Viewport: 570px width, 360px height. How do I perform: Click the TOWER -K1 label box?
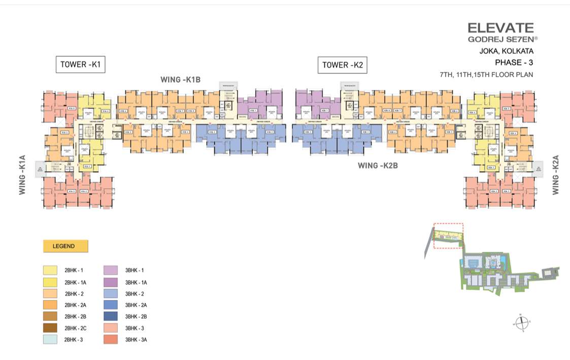[x=80, y=64]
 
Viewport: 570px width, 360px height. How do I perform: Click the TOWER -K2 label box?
[x=342, y=65]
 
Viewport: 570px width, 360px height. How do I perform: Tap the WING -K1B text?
[x=181, y=80]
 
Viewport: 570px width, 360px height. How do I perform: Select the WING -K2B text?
[x=378, y=165]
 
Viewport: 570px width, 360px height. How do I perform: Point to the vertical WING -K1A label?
[x=22, y=175]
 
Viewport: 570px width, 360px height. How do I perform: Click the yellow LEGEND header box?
[x=65, y=246]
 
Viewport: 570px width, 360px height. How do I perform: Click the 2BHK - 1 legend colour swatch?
[x=50, y=271]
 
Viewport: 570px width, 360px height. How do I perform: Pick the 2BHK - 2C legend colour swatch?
[x=50, y=328]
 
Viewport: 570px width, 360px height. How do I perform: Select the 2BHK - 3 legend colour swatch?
[x=50, y=340]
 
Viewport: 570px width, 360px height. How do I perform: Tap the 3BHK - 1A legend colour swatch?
[x=111, y=282]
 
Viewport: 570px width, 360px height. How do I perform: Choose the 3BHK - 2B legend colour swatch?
[x=111, y=316]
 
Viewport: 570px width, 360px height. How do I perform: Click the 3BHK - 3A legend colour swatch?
[x=111, y=340]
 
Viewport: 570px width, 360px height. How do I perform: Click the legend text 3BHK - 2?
[x=136, y=294]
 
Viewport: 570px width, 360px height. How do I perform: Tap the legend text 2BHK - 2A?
[x=76, y=305]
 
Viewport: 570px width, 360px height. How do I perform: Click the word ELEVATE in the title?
[x=500, y=28]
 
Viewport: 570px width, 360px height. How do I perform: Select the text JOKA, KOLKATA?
[x=506, y=51]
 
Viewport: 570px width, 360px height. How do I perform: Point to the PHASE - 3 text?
[x=514, y=62]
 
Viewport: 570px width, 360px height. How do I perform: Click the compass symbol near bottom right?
[x=522, y=322]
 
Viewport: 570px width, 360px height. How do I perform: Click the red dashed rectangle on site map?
[x=448, y=236]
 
